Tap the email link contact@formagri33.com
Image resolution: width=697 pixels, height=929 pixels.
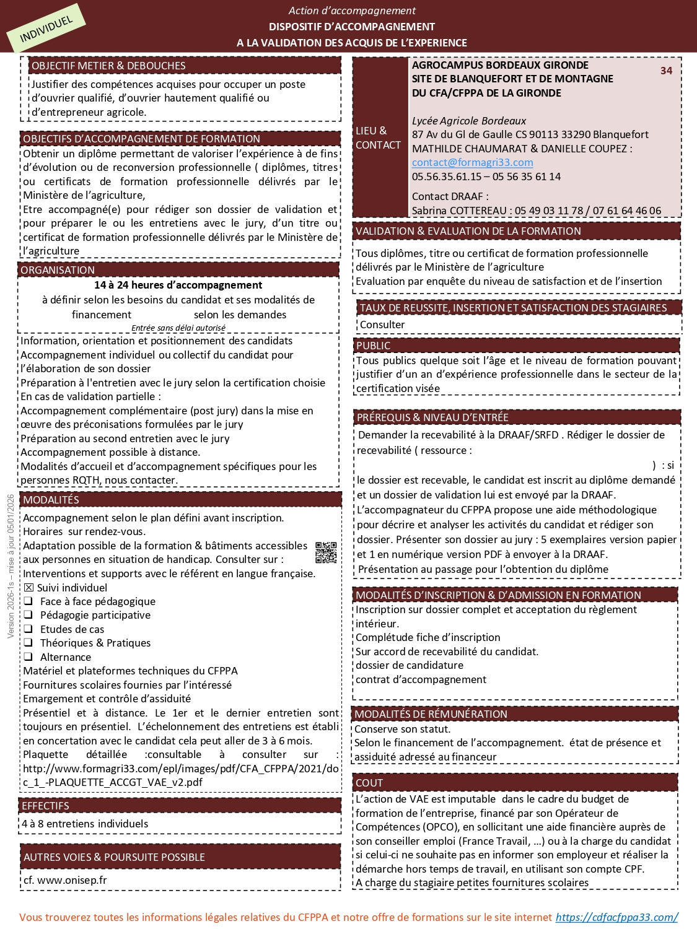coord(472,162)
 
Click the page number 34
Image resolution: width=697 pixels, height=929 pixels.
coord(666,71)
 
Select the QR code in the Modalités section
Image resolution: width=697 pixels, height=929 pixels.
coord(326,552)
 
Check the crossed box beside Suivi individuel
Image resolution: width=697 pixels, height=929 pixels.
coord(28,588)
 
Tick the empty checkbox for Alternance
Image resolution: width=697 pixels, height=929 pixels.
coord(28,656)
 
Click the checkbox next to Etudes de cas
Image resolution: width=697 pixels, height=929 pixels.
coord(28,629)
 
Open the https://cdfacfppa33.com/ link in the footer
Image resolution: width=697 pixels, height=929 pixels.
coord(616,917)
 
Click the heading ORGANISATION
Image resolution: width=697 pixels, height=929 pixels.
coord(58,270)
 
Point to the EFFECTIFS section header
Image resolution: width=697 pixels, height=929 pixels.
coord(46,806)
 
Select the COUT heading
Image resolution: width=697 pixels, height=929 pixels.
coord(369,783)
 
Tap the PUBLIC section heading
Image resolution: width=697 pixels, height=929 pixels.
coord(373,346)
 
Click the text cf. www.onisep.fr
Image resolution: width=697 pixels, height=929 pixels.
coord(65,880)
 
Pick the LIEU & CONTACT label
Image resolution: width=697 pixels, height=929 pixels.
coord(378,137)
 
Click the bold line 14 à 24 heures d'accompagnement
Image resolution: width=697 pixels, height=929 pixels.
coord(178,285)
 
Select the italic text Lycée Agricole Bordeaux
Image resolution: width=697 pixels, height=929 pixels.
coord(469,121)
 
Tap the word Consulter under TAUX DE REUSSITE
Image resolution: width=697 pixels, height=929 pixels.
coord(382,325)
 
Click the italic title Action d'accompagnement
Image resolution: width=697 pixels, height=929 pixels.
coord(352,11)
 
